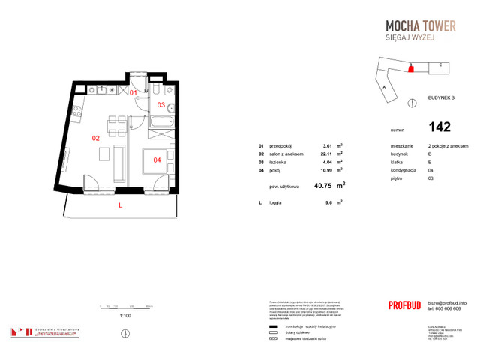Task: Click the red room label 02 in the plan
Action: [x=96, y=138]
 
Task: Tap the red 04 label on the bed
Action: [x=157, y=159]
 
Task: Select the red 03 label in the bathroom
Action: [x=160, y=104]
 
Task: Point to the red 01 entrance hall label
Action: [x=133, y=92]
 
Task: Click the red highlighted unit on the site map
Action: [x=410, y=68]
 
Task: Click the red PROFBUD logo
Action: [x=408, y=304]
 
